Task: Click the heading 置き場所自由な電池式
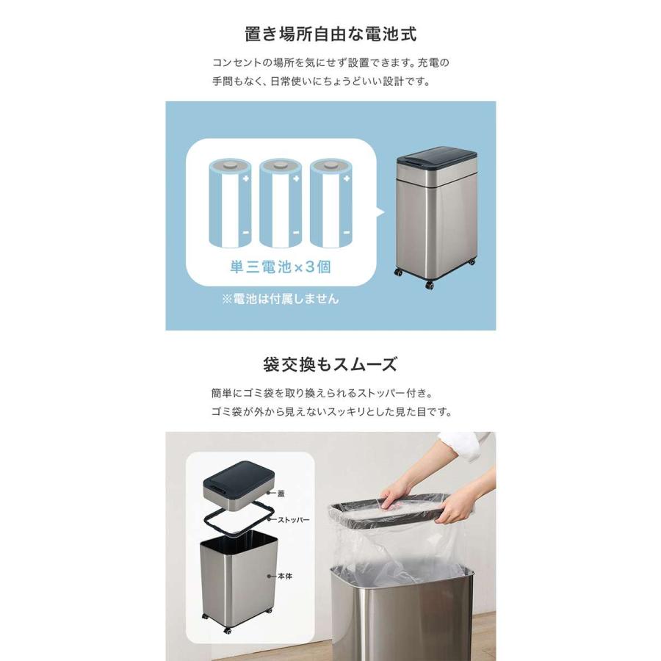coord(330,34)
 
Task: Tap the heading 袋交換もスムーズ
coord(330,364)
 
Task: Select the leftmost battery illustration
coord(230,203)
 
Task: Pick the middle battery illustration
coord(281,203)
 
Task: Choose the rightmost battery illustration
coord(331,203)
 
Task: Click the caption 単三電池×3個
coord(281,267)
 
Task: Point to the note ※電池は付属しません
coord(281,299)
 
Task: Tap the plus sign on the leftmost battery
coord(246,178)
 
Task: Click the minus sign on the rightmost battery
coord(347,232)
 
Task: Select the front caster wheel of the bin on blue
coord(430,286)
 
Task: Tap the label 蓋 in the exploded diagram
coord(281,494)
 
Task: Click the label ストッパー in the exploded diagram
coord(293,520)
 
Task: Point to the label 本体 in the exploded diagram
coord(285,576)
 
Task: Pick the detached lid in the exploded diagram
coord(239,485)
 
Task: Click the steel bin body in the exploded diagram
coord(239,579)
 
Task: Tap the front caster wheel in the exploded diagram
coord(228,631)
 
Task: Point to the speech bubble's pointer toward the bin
coord(380,212)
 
